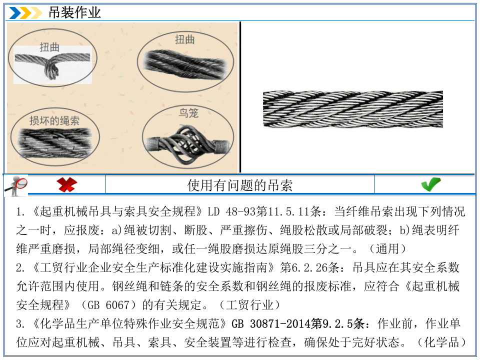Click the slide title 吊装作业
[x=74, y=12]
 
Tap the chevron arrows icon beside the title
[x=25, y=12]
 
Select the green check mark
[x=430, y=184]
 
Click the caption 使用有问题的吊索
[x=239, y=185]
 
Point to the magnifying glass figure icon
[x=16, y=185]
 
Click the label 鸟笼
[x=188, y=113]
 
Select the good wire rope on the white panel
[x=352, y=109]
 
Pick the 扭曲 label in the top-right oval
[x=184, y=39]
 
